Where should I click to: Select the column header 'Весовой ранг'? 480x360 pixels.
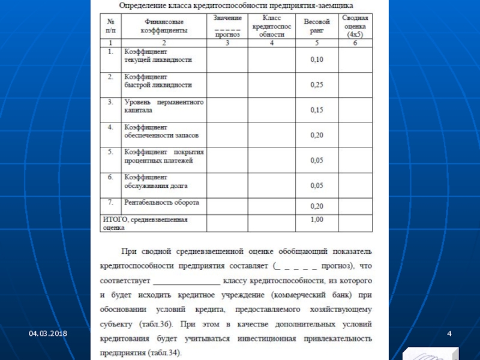point(316,25)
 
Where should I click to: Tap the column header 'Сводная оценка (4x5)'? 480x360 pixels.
point(355,27)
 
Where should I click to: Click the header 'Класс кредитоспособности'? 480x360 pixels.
point(271,27)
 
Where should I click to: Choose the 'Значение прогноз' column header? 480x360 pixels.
point(227,27)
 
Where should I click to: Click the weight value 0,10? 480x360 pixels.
point(316,59)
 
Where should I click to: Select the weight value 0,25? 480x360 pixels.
point(316,85)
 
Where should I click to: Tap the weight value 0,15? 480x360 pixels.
point(316,110)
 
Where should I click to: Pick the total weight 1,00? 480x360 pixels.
point(316,220)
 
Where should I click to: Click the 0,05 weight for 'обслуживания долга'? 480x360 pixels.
point(316,185)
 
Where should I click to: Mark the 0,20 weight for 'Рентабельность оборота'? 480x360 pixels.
point(316,206)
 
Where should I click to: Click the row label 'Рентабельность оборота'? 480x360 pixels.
point(161,202)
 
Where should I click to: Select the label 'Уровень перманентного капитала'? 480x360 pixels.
point(164,106)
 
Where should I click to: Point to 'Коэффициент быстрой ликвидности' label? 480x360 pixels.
point(158,81)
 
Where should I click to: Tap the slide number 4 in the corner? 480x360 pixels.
point(448,332)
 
